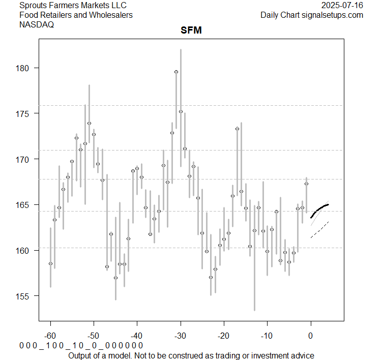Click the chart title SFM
[191, 31]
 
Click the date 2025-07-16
[342, 6]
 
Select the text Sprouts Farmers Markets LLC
[73, 6]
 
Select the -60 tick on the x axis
[50, 336]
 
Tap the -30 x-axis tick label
[181, 336]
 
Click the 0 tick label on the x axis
[311, 336]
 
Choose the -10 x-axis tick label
[267, 336]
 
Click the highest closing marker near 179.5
[176, 72]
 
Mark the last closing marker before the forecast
[306, 184]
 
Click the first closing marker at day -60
[50, 263]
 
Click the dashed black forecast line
[320, 229]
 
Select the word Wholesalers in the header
[110, 15]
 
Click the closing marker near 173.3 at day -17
[237, 129]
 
